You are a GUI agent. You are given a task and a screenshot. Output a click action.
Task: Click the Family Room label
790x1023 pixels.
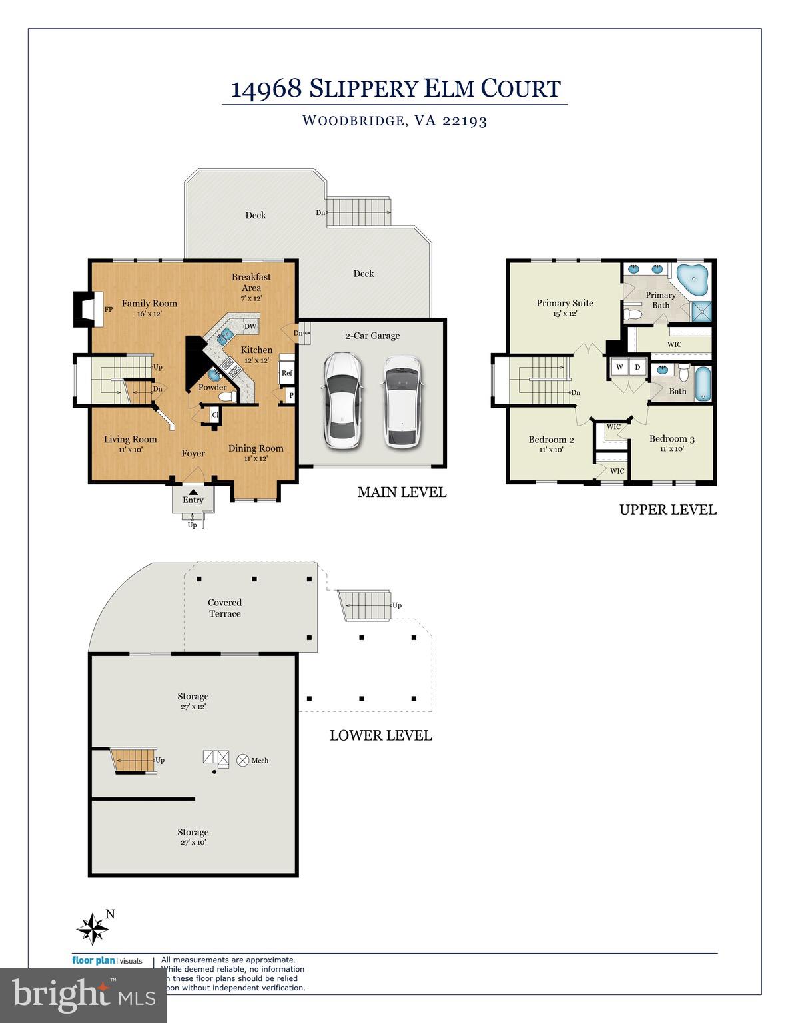coord(149,304)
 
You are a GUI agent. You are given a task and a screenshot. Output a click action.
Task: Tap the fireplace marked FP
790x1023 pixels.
coord(85,310)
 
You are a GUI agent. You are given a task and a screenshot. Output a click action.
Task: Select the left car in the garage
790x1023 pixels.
coord(342,400)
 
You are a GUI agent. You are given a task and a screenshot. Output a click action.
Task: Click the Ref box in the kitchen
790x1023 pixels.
coord(287,373)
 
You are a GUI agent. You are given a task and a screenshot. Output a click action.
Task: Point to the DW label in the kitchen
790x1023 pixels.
coord(250,326)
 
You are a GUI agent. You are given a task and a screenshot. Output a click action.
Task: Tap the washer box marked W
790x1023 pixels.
coord(619,367)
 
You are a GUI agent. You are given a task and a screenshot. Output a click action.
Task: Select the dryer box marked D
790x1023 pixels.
coord(637,367)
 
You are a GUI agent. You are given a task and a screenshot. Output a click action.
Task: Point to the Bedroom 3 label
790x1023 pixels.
coord(671,439)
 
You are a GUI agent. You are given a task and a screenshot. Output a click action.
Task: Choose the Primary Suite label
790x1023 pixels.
coord(565,304)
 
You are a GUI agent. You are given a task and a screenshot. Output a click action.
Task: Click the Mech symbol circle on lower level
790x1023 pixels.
coord(243,760)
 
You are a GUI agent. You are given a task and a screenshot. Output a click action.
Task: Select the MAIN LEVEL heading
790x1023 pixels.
coord(402,492)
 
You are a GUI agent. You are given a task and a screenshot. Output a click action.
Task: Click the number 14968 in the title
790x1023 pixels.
coord(266,89)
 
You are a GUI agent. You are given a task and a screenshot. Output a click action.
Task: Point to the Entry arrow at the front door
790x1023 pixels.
coord(193,492)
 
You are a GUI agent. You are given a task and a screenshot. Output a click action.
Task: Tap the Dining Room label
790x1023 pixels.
coord(256,448)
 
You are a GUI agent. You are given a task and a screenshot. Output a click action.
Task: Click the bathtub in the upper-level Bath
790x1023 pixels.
coord(703,384)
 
